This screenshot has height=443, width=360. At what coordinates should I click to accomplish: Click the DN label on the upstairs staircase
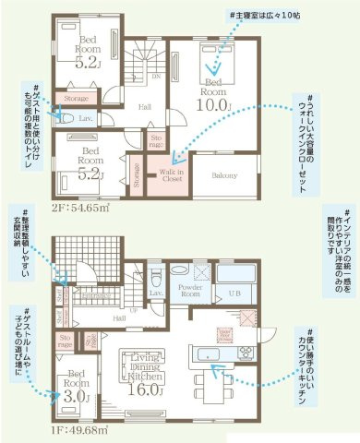coord(155,76)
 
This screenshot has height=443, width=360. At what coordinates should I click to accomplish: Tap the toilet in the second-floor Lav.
coord(62,117)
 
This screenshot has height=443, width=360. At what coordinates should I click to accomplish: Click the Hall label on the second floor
coord(144,107)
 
